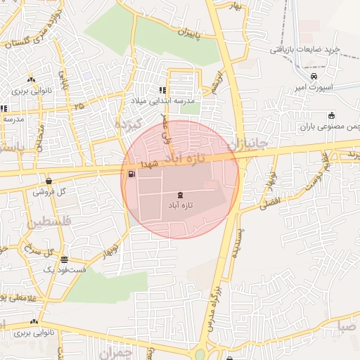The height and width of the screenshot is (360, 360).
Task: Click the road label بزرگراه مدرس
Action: click(x=213, y=309)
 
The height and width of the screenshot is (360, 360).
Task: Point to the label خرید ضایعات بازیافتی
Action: click(x=307, y=50)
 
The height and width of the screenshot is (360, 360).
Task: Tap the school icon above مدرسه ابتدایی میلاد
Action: click(x=162, y=90)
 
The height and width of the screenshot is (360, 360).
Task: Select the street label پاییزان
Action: click(x=188, y=32)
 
